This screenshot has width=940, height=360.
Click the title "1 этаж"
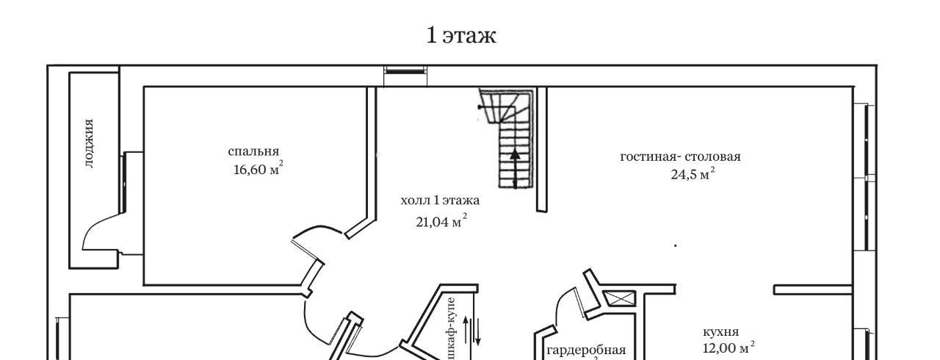tap(460, 35)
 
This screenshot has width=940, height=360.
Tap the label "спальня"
tap(253, 151)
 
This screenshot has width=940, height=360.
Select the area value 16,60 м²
tap(258, 169)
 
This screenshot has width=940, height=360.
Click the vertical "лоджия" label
tap(89, 143)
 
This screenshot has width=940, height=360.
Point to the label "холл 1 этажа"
tap(440, 200)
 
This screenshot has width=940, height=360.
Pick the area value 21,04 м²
tap(441, 221)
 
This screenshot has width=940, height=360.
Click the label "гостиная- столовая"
tap(680, 157)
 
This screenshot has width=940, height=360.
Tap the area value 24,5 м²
tap(693, 173)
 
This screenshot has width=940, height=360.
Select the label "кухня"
tap(720, 332)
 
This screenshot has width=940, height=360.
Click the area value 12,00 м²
tap(728, 348)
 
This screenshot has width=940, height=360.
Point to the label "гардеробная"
tap(586, 350)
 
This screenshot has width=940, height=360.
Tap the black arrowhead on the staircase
tap(515, 154)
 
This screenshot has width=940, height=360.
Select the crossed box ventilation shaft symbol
tap(619, 298)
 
